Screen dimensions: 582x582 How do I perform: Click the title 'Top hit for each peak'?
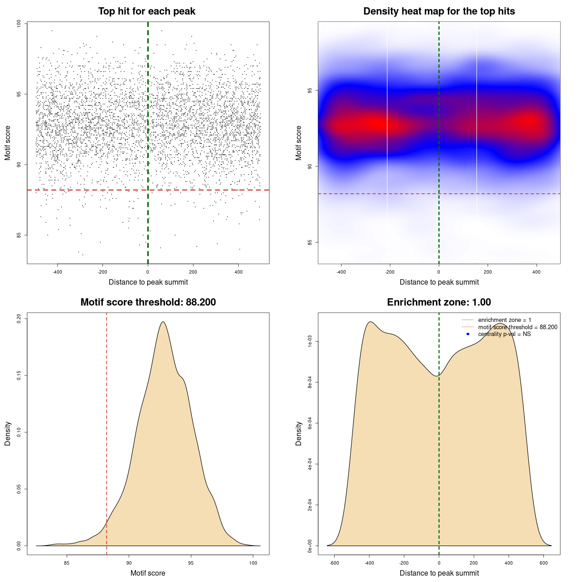[147, 11]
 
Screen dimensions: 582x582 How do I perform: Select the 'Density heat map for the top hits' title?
[439, 11]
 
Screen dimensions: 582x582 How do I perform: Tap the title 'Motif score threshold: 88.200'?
[148, 302]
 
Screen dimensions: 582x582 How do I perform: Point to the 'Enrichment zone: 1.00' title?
[439, 302]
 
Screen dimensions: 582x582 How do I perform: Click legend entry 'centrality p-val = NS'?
[504, 334]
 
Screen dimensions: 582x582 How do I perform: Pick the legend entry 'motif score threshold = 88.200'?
[517, 327]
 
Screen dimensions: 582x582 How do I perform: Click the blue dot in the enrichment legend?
[468, 334]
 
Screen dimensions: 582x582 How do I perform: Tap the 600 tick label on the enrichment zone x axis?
[543, 563]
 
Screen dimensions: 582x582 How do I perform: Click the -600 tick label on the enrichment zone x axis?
[334, 563]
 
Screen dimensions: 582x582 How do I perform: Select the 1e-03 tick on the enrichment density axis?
[310, 341]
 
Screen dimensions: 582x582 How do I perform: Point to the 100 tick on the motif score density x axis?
[253, 563]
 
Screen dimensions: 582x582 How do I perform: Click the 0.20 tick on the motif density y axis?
[19, 318]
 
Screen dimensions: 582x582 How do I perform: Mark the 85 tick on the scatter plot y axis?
[19, 235]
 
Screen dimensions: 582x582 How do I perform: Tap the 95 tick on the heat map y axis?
[310, 90]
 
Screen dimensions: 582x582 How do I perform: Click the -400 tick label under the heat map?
[341, 272]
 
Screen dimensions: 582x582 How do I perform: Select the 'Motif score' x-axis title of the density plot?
[148, 573]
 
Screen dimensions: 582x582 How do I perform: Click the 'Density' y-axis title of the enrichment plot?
[299, 433]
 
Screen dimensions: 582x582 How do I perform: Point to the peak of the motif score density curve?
[162, 322]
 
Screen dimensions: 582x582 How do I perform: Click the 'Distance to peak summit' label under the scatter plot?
[148, 282]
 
